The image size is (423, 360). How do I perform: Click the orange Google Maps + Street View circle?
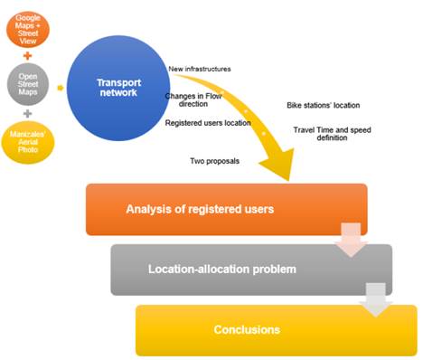pyautogui.click(x=29, y=23)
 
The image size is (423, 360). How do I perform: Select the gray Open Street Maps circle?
pyautogui.click(x=29, y=87)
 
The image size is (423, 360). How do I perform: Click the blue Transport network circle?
pyautogui.click(x=118, y=87)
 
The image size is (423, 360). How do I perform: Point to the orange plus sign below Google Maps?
pyautogui.click(x=29, y=52)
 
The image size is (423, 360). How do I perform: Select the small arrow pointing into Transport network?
pyautogui.click(x=60, y=88)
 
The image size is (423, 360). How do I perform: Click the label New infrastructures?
pyautogui.click(x=200, y=70)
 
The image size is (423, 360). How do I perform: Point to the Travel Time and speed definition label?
pyautogui.click(x=334, y=135)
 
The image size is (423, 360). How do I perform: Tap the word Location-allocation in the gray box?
pyautogui.click(x=198, y=270)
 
